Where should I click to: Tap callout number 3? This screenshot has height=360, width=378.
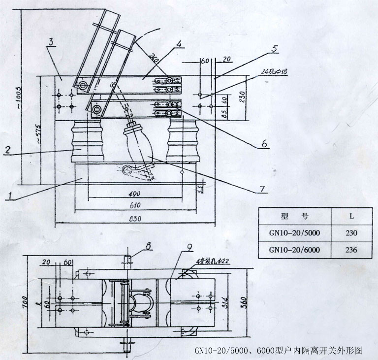[x=51, y=42]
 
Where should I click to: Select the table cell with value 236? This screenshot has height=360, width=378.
[x=351, y=250]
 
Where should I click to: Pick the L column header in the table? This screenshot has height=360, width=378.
[x=351, y=216]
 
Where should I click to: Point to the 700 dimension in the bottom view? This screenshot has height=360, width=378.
[x=22, y=300]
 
